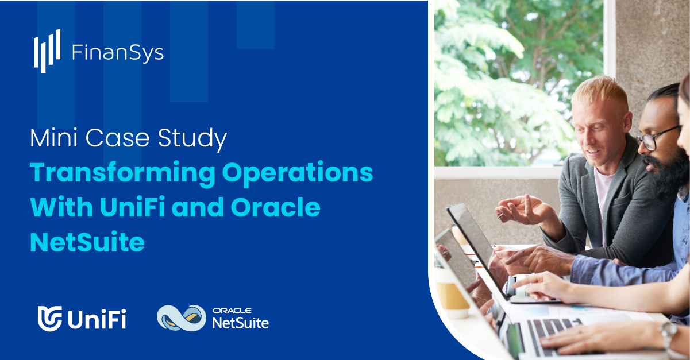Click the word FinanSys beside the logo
click(x=118, y=53)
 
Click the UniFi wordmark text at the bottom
click(x=97, y=319)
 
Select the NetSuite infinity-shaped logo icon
click(x=181, y=317)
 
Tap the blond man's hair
click(x=598, y=92)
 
